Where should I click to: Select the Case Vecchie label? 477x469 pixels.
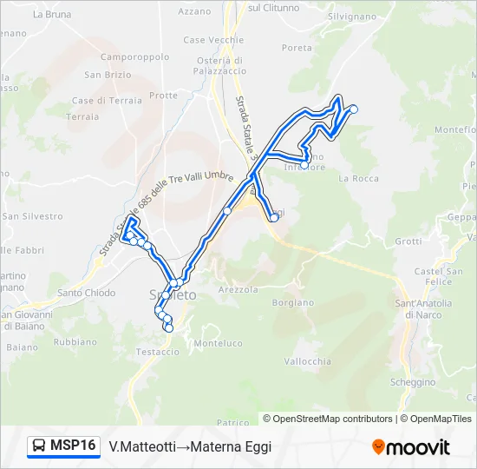pos(213,41)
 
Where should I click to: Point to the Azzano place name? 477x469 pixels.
pos(194,11)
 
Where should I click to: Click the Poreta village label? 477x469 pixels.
pos(297,48)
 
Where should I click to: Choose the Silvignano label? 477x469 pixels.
pos(353,17)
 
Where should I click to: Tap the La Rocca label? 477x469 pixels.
pos(359,179)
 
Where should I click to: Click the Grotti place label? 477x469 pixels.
pos(408,241)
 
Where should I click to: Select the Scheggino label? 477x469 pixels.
pos(413,382)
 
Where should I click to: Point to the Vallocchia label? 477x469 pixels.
pos(308,361)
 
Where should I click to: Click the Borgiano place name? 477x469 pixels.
pos(292,303)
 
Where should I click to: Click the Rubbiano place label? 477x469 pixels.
pos(75,342)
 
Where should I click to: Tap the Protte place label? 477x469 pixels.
pos(163,96)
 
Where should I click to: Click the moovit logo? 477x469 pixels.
pos(411,447)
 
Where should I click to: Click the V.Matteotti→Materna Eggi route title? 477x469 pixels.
pos(190,446)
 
